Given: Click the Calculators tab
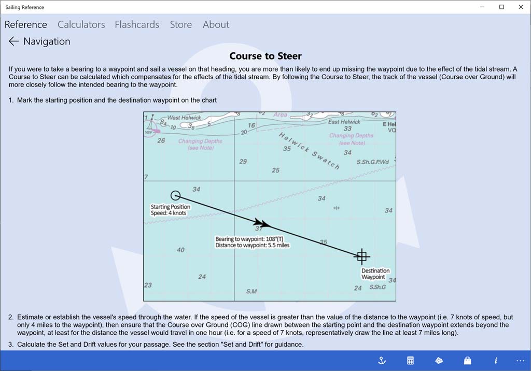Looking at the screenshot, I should tap(81, 24).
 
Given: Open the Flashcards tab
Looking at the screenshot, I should tap(137, 24).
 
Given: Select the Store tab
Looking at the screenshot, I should tap(180, 24).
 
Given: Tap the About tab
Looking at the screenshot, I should tap(216, 24).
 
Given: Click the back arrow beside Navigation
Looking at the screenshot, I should tap(13, 41).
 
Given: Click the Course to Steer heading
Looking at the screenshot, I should tap(265, 56).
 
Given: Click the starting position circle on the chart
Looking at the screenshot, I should tap(175, 195).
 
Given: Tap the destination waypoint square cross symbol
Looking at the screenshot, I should tap(362, 256).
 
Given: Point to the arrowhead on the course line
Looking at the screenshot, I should tap(264, 224).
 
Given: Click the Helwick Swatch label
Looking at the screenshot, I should tap(309, 151).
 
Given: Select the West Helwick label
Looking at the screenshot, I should tap(184, 118).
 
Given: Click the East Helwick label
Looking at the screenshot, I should tap(345, 122).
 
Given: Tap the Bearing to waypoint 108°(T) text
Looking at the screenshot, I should tap(249, 239).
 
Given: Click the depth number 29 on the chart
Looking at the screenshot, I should tap(243, 162).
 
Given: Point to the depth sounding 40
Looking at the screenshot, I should tap(180, 250).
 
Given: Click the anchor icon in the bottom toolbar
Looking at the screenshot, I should tap(382, 361).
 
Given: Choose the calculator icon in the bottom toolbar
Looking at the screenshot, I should tap(410, 361).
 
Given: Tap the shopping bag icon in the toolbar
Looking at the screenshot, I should tap(467, 361).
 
